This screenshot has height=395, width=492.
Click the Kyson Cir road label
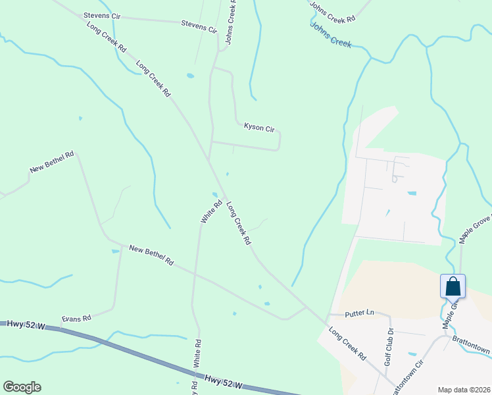tap(258, 127)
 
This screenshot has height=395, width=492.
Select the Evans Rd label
tap(76, 319)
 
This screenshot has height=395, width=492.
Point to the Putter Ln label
tap(360, 314)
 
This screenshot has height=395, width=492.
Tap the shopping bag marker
tap(453, 286)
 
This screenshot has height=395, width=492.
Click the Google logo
tap(22, 387)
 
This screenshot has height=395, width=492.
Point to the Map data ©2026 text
tap(464, 390)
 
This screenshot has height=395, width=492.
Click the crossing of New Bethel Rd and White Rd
tap(195, 269)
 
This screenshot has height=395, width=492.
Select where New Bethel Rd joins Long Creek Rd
tap(307, 307)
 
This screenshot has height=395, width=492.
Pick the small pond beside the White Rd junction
tap(215, 194)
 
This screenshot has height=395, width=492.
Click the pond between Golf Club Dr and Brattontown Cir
tap(412, 354)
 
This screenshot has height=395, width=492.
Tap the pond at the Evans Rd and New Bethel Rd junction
tap(115, 251)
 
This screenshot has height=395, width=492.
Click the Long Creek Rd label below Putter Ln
tap(348, 344)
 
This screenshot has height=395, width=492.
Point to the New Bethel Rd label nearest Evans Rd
tap(151, 255)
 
